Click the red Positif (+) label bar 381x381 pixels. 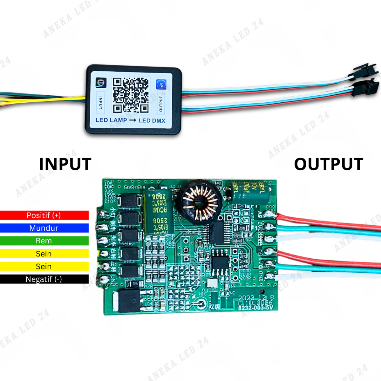pyautogui.click(x=44, y=215)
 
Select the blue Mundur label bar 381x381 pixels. pyautogui.click(x=44, y=228)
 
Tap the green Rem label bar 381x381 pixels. pyautogui.click(x=44, y=241)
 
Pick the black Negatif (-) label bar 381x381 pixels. pyautogui.click(x=44, y=279)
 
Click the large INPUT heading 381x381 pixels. pyautogui.click(x=65, y=164)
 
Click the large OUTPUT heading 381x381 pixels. pyautogui.click(x=329, y=164)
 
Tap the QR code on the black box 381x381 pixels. pyautogui.click(x=131, y=95)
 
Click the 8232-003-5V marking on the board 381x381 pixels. pyautogui.click(x=258, y=308)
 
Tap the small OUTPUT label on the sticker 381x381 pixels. pyautogui.click(x=161, y=104)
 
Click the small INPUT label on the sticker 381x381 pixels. pyautogui.click(x=101, y=103)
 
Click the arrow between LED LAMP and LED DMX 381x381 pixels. pyautogui.click(x=132, y=120)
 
